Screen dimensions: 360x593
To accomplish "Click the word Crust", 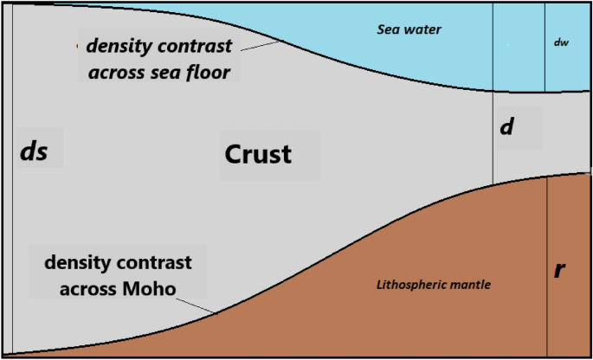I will click(x=258, y=155).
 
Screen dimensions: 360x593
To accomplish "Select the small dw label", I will click(x=561, y=42).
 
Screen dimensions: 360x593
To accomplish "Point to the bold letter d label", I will click(x=507, y=127).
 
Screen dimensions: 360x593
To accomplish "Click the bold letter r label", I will click(x=559, y=270).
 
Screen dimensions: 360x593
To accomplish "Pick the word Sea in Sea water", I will click(x=389, y=29).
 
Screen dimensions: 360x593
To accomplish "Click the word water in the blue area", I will click(x=424, y=29).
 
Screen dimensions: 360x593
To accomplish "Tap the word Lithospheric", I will click(x=411, y=284).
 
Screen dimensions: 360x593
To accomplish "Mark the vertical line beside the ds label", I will click(x=13, y=173).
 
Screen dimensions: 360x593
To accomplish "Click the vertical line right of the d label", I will click(x=493, y=130).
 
